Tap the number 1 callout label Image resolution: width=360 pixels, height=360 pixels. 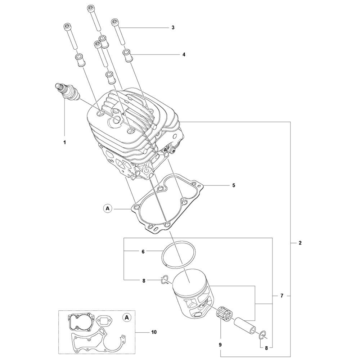[x=65, y=143]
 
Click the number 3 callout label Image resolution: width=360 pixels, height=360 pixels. [x=173, y=28]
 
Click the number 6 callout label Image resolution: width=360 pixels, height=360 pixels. [x=143, y=252]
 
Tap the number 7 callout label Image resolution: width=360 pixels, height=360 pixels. [x=282, y=296]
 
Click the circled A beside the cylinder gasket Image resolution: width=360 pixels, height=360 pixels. [x=107, y=208]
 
